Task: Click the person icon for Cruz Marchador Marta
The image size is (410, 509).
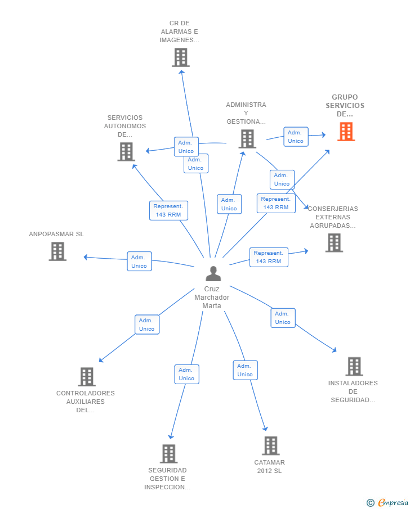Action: pyautogui.click(x=213, y=273)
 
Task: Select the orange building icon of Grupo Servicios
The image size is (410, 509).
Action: pyautogui.click(x=346, y=132)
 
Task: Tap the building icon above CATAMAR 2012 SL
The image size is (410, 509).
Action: pyautogui.click(x=271, y=445)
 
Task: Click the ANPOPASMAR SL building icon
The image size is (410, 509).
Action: pyautogui.click(x=57, y=251)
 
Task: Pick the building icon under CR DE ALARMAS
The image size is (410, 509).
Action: pyautogui.click(x=181, y=57)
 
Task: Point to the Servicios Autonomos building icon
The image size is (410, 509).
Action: pyautogui.click(x=126, y=152)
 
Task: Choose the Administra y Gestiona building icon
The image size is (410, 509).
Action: pyautogui.click(x=247, y=139)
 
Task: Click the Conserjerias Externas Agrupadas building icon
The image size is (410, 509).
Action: pyautogui.click(x=334, y=243)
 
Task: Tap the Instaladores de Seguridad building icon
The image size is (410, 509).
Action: pyautogui.click(x=354, y=367)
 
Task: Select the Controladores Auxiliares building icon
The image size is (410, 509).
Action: pyautogui.click(x=87, y=377)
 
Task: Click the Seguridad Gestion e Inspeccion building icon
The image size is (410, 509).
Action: pyautogui.click(x=169, y=453)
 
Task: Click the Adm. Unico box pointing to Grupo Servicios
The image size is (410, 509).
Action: pyautogui.click(x=296, y=137)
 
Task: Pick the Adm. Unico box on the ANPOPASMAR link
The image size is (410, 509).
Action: pyautogui.click(x=139, y=262)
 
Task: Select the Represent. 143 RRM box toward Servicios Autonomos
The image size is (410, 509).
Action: pyautogui.click(x=168, y=210)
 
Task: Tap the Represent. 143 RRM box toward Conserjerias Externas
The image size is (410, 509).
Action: pyautogui.click(x=269, y=257)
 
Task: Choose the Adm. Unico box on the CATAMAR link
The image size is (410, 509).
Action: pyautogui.click(x=245, y=370)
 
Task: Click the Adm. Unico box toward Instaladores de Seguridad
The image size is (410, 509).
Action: pyautogui.click(x=283, y=318)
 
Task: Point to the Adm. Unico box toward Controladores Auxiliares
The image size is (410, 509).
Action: pyautogui.click(x=147, y=325)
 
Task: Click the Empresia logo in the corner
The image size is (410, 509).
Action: pyautogui.click(x=388, y=502)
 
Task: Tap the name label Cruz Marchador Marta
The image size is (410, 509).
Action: pyautogui.click(x=212, y=297)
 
